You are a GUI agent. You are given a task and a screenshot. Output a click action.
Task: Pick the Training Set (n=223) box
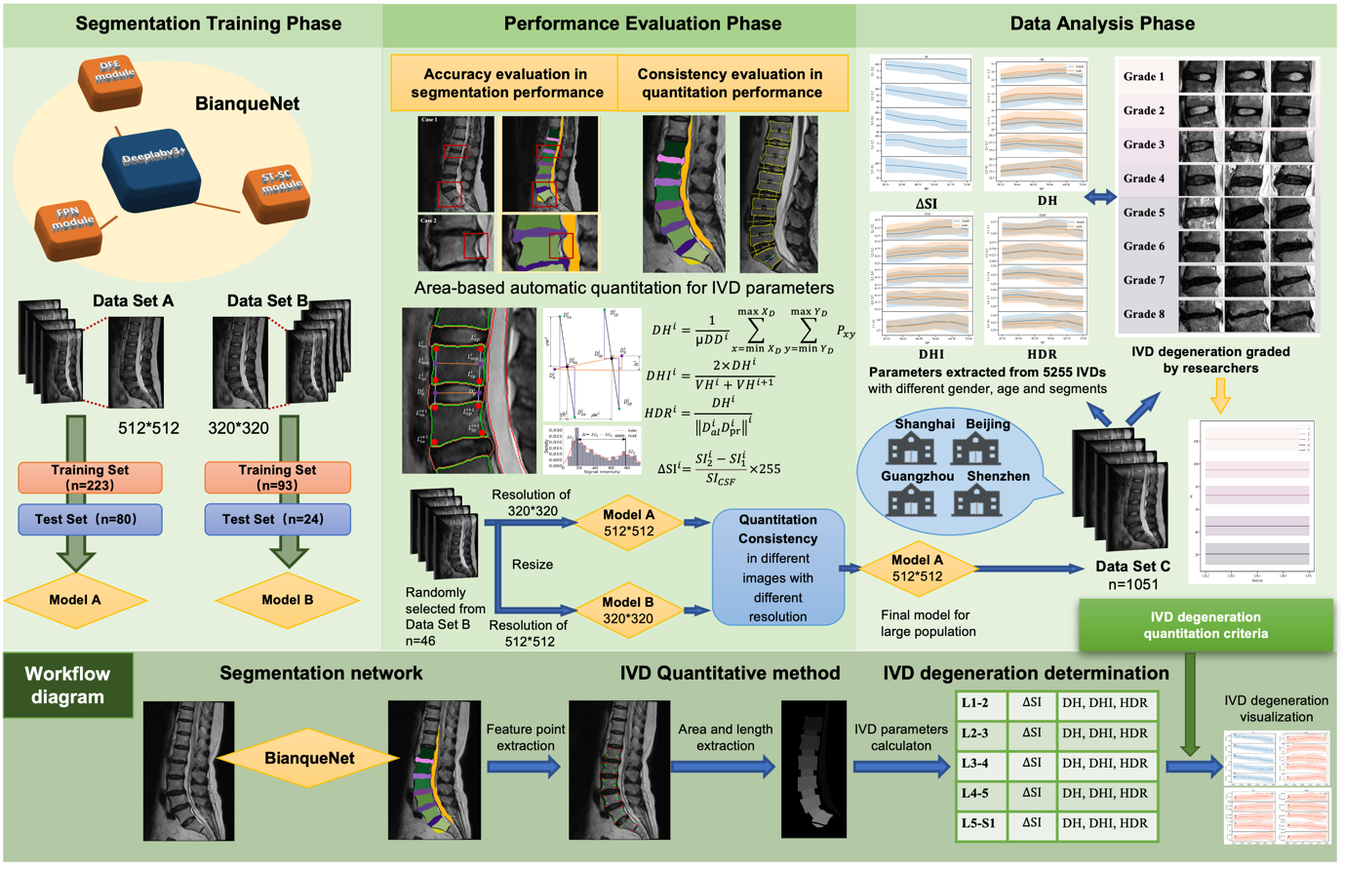(x=90, y=477)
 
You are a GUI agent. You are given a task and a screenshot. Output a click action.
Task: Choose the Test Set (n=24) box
(x=277, y=519)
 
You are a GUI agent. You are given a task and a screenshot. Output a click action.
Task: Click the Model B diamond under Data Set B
(x=287, y=599)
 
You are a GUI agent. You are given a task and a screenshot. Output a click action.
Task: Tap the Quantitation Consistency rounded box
(x=777, y=567)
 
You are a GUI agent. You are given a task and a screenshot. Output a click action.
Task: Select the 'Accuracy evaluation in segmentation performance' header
(x=506, y=83)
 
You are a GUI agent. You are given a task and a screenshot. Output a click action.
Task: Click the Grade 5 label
(x=1143, y=213)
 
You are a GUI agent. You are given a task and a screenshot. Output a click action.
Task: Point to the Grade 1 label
(x=1143, y=76)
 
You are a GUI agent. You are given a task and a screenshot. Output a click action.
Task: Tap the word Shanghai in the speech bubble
(x=924, y=424)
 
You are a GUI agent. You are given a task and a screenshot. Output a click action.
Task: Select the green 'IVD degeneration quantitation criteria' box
(x=1206, y=625)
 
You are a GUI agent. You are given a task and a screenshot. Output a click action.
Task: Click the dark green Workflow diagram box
(x=67, y=685)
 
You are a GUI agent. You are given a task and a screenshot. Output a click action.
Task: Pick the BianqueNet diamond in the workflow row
(x=309, y=758)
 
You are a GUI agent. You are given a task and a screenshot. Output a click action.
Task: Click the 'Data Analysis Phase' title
(x=1102, y=23)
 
